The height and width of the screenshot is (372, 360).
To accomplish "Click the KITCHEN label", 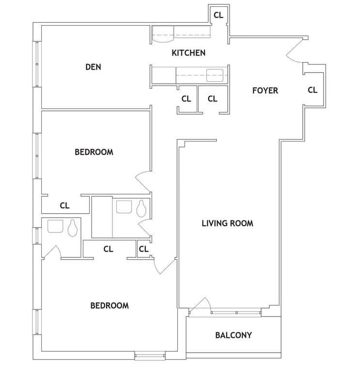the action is point(188,53).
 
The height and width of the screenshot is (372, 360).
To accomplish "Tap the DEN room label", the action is point(93,67).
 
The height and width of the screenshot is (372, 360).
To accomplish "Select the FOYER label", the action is point(265,91).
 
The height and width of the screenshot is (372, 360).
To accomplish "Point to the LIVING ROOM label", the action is point(227,223).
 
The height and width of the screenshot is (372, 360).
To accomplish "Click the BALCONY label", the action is point(234,335).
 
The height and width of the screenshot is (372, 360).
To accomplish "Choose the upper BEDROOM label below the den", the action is point(94,152).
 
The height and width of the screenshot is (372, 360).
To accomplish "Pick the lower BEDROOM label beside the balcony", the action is point(110,306).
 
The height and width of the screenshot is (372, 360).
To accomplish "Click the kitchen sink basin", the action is point(215,76).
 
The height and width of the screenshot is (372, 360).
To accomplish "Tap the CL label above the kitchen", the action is point(219,15).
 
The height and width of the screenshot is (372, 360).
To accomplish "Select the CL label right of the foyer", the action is point(313,90).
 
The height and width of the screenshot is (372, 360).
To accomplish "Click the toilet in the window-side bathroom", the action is point(72,228).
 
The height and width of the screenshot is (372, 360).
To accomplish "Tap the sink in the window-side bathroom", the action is point(55,227).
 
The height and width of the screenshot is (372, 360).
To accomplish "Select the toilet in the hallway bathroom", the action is point(141,209).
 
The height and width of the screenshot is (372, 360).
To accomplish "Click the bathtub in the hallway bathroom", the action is point(102,217).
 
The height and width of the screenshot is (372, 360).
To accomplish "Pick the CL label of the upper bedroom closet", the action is point(64,205).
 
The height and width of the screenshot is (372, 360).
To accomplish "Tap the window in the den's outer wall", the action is point(37,64).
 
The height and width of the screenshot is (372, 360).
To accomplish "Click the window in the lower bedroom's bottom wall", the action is point(150,356).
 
